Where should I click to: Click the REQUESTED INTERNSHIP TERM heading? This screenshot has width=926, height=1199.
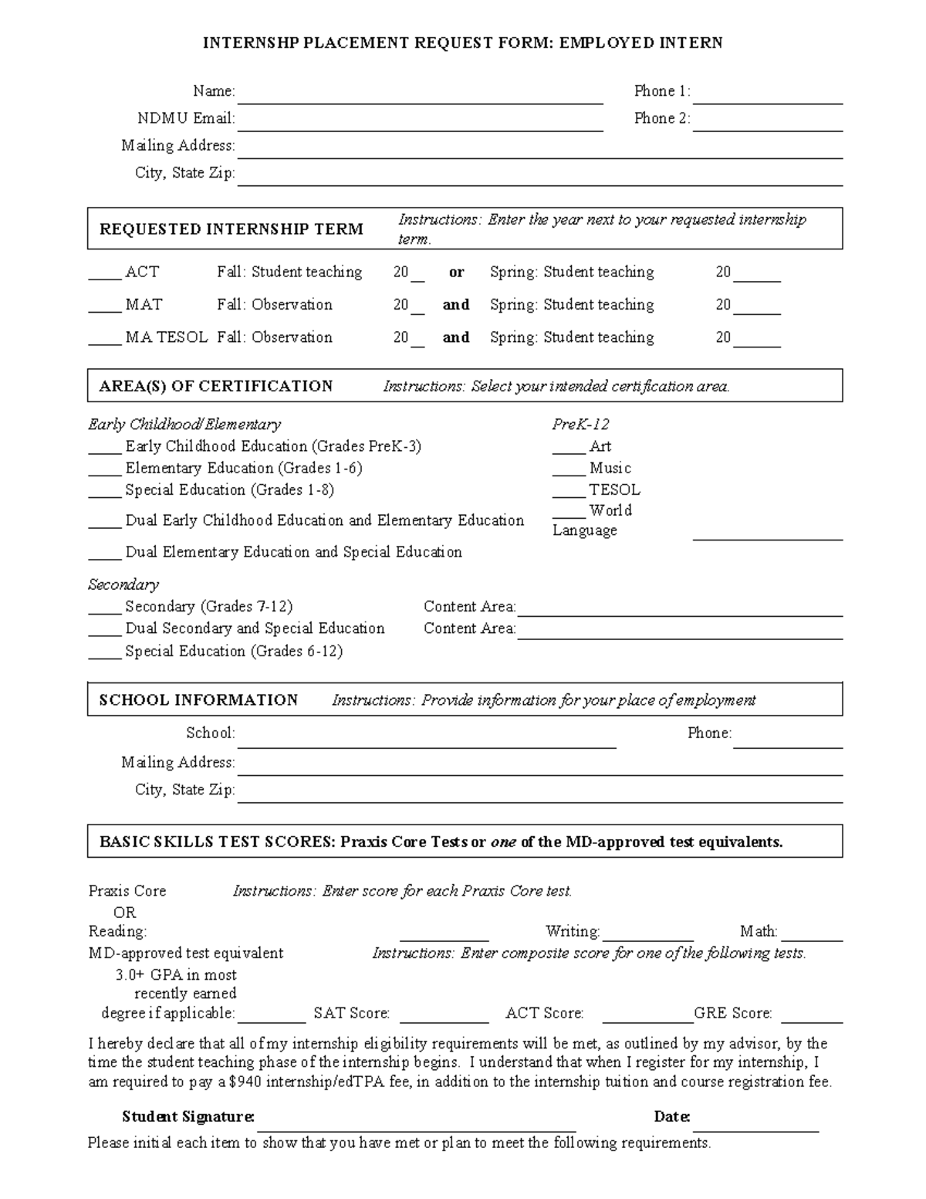(x=231, y=229)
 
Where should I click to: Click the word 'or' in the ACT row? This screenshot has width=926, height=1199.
(x=456, y=273)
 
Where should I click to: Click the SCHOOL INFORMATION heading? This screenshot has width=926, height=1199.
(x=198, y=700)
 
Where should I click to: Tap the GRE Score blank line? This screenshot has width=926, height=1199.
(x=811, y=1015)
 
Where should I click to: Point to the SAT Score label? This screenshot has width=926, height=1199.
(x=351, y=1014)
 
